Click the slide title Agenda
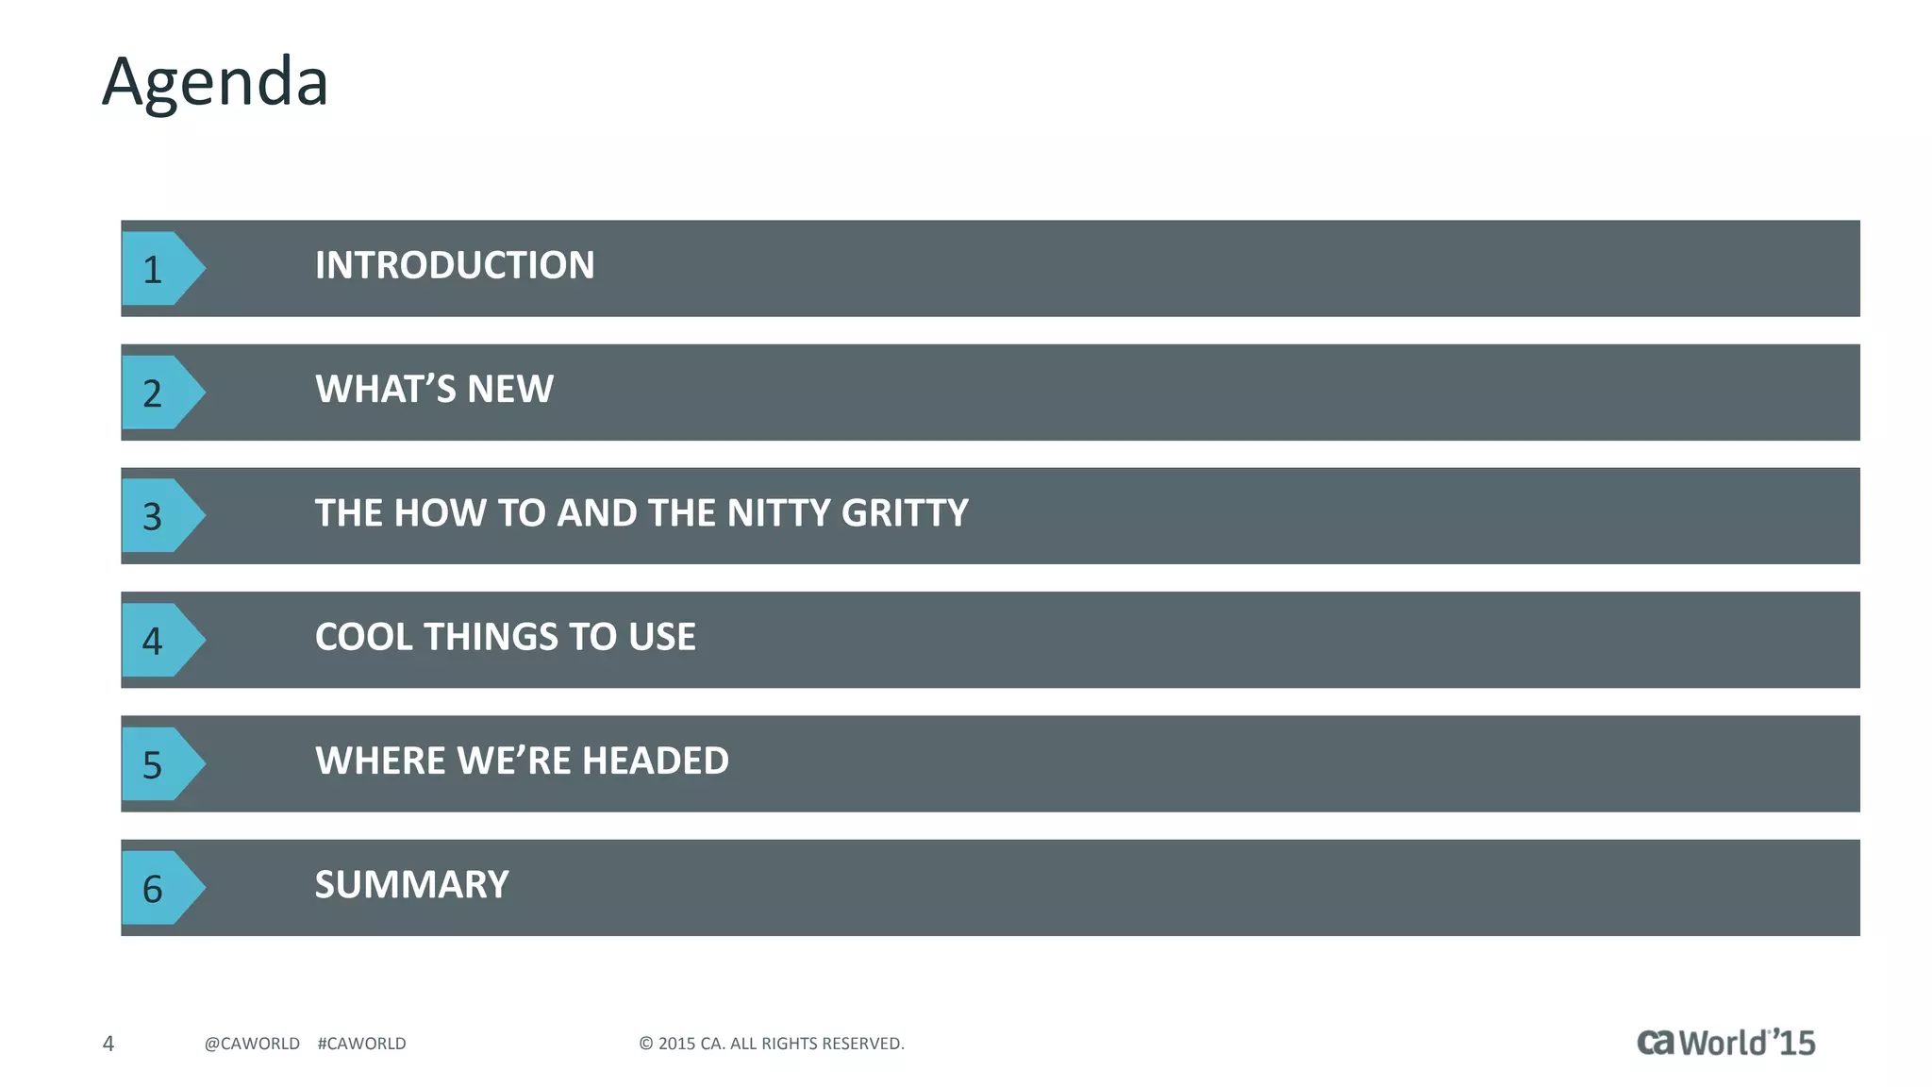point(215,83)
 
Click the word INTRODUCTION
point(455,265)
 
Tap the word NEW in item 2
point(510,389)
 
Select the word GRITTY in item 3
point(905,513)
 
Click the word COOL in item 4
point(363,637)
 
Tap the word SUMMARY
point(411,885)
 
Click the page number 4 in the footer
point(108,1044)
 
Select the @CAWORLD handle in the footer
point(252,1044)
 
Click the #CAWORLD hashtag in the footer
point(362,1044)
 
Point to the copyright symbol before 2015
point(646,1044)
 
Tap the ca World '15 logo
point(1725,1042)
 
